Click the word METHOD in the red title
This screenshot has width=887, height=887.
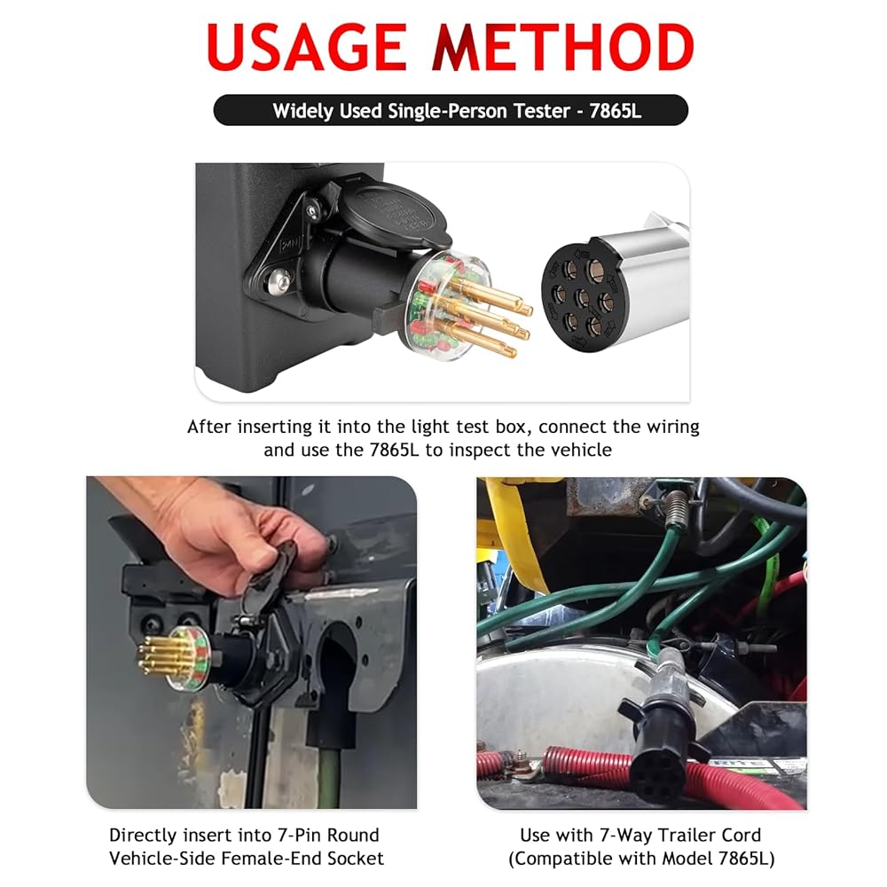564,48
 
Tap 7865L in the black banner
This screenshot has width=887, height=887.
615,110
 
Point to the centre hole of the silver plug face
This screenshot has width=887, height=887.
583,298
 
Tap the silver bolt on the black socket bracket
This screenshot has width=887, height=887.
279,281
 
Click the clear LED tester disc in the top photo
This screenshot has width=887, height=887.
444,305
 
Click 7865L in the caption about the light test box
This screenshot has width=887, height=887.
395,451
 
